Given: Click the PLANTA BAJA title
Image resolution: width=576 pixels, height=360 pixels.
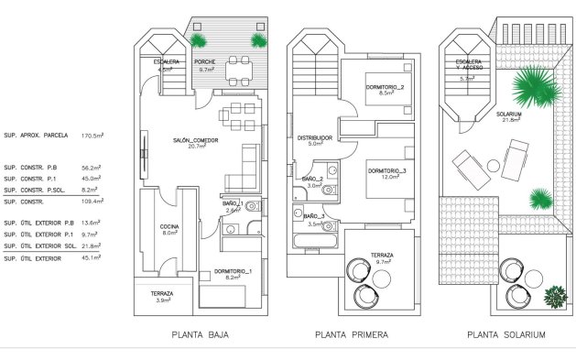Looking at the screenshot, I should click(x=200, y=335).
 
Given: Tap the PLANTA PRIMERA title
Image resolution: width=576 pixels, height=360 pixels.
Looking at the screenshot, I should click(x=351, y=335).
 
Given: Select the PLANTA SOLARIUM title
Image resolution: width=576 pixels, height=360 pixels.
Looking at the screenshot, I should click(x=506, y=335).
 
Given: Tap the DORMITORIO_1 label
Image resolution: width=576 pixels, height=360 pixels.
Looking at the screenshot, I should click(x=233, y=272).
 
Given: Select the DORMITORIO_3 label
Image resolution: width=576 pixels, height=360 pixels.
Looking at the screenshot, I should click(x=386, y=172).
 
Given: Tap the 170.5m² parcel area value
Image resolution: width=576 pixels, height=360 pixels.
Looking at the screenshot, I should click(x=92, y=135).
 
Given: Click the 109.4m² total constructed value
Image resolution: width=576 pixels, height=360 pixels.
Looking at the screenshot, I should click(x=92, y=201).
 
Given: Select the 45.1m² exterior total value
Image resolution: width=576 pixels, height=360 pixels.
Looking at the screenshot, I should click(x=92, y=257).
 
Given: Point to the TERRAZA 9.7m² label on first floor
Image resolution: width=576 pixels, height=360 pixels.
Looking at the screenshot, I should click(x=383, y=258).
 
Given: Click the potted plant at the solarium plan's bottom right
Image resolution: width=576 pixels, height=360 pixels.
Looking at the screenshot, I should click(x=555, y=297).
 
